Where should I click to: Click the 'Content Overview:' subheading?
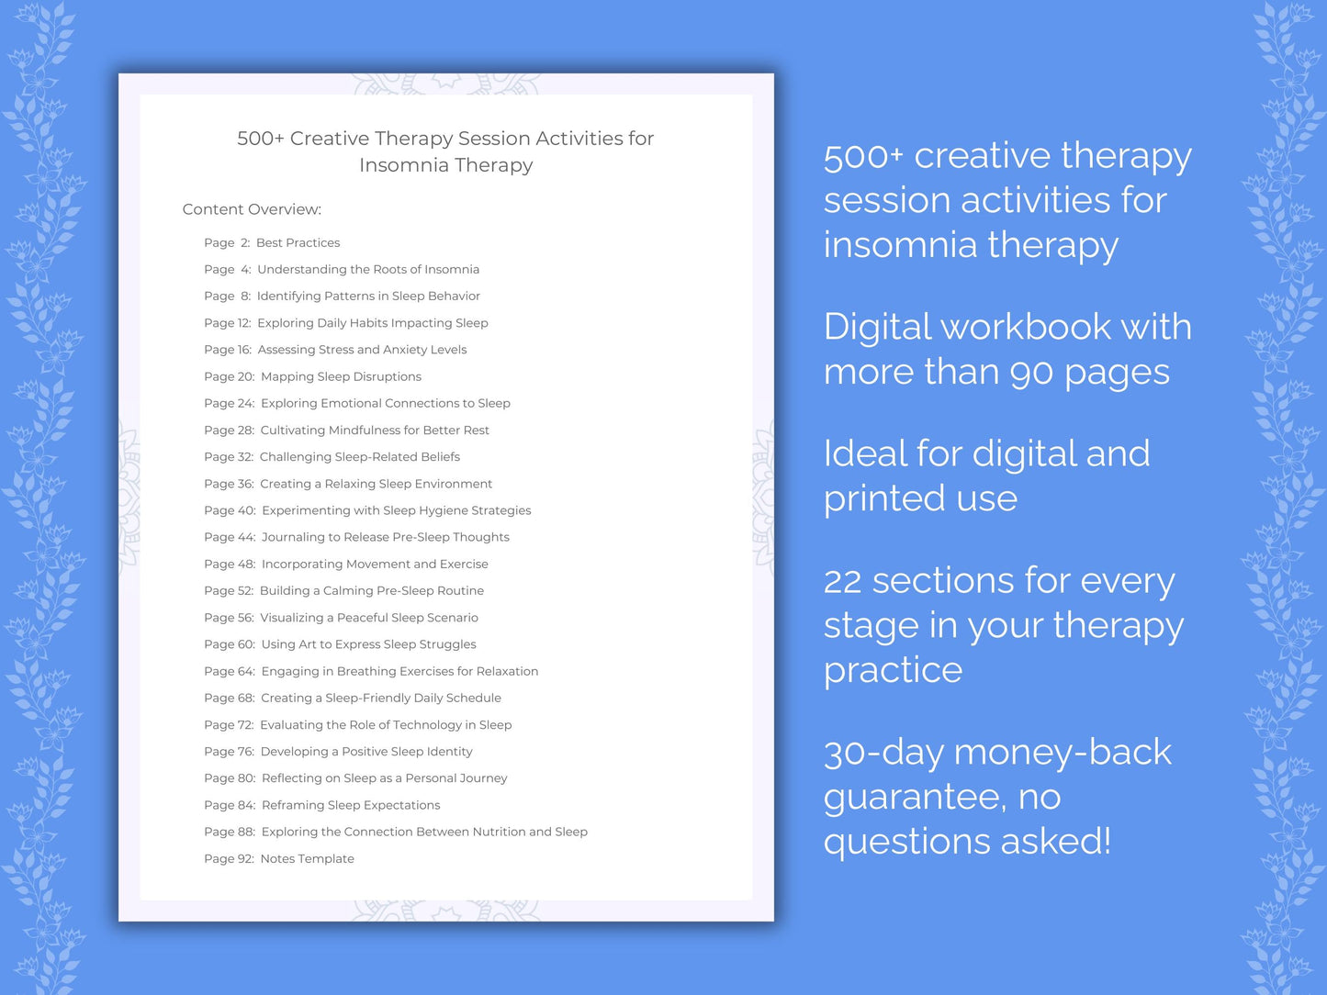[x=252, y=209]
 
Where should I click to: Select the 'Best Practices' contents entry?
[x=298, y=243]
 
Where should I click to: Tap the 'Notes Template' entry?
[x=307, y=859]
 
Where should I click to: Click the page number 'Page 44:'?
[x=230, y=538]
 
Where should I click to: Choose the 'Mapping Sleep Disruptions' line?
[x=341, y=377]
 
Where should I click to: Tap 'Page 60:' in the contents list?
[x=230, y=644]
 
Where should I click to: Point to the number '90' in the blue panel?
[x=1031, y=373]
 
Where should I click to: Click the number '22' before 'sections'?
[x=842, y=582]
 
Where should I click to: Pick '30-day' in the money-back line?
[x=883, y=753]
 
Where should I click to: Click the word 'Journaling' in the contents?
[x=293, y=538]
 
